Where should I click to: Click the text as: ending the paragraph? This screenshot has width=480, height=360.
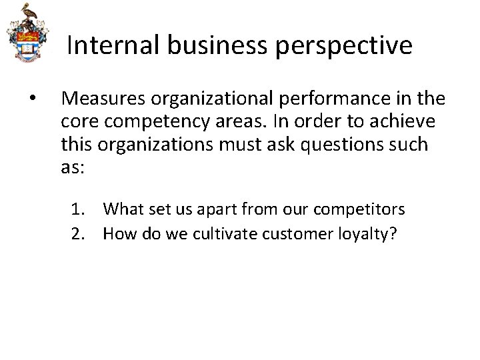(x=72, y=168)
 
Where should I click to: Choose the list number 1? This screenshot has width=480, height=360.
(x=78, y=209)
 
